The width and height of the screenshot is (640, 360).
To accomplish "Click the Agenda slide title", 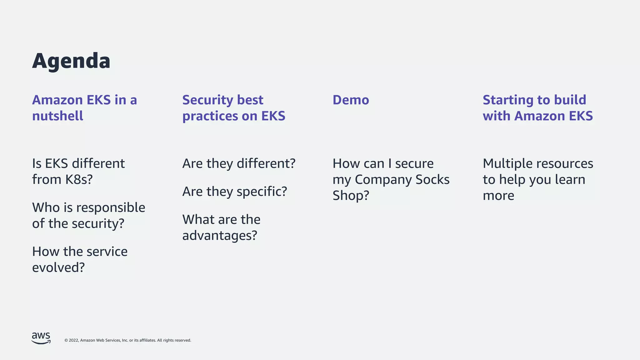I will [x=71, y=61].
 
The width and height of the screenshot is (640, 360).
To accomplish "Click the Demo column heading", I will [x=351, y=100].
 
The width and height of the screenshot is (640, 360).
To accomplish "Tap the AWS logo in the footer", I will [x=41, y=338].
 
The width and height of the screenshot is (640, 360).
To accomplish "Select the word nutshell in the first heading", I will [x=58, y=116].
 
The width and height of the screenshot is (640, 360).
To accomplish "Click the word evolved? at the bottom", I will [x=58, y=268].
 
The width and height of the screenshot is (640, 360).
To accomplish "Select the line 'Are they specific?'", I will [x=234, y=192].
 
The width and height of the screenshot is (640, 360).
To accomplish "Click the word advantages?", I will [x=220, y=236].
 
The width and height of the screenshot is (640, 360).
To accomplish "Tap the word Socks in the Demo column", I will [x=432, y=180].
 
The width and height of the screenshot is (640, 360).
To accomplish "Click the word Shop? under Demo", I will [x=351, y=196].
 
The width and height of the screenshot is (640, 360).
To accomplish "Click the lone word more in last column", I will [x=498, y=196].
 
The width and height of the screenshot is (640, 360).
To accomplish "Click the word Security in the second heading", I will [x=207, y=100].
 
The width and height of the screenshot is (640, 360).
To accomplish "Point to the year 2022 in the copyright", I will [x=73, y=340].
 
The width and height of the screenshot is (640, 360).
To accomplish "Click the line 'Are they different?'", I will [x=239, y=164].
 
